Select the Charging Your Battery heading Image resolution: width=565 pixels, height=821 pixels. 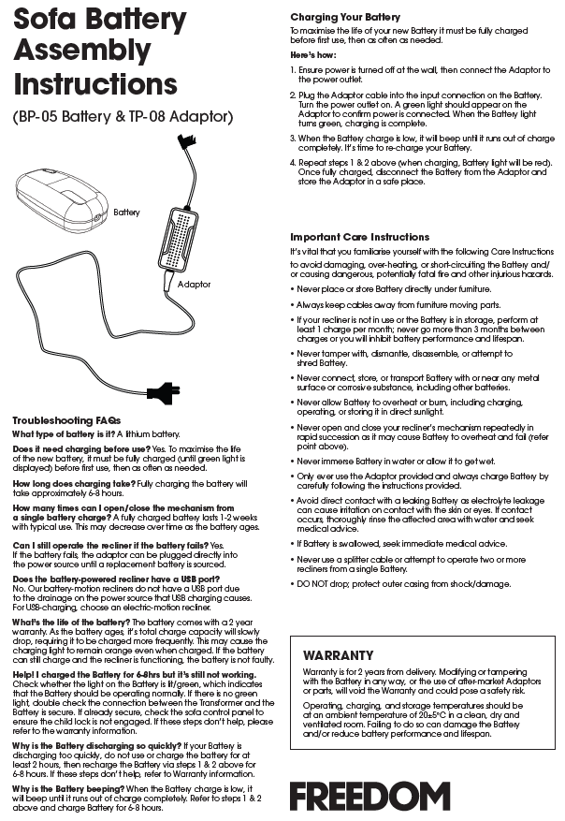[x=345, y=17]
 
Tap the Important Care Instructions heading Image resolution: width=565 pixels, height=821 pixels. [x=360, y=237]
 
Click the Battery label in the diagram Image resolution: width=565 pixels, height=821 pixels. [x=126, y=213]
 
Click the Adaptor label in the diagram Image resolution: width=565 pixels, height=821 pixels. [x=194, y=284]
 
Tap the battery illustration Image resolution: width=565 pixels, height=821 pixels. [x=62, y=199]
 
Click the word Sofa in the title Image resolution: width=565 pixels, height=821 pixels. [x=51, y=19]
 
